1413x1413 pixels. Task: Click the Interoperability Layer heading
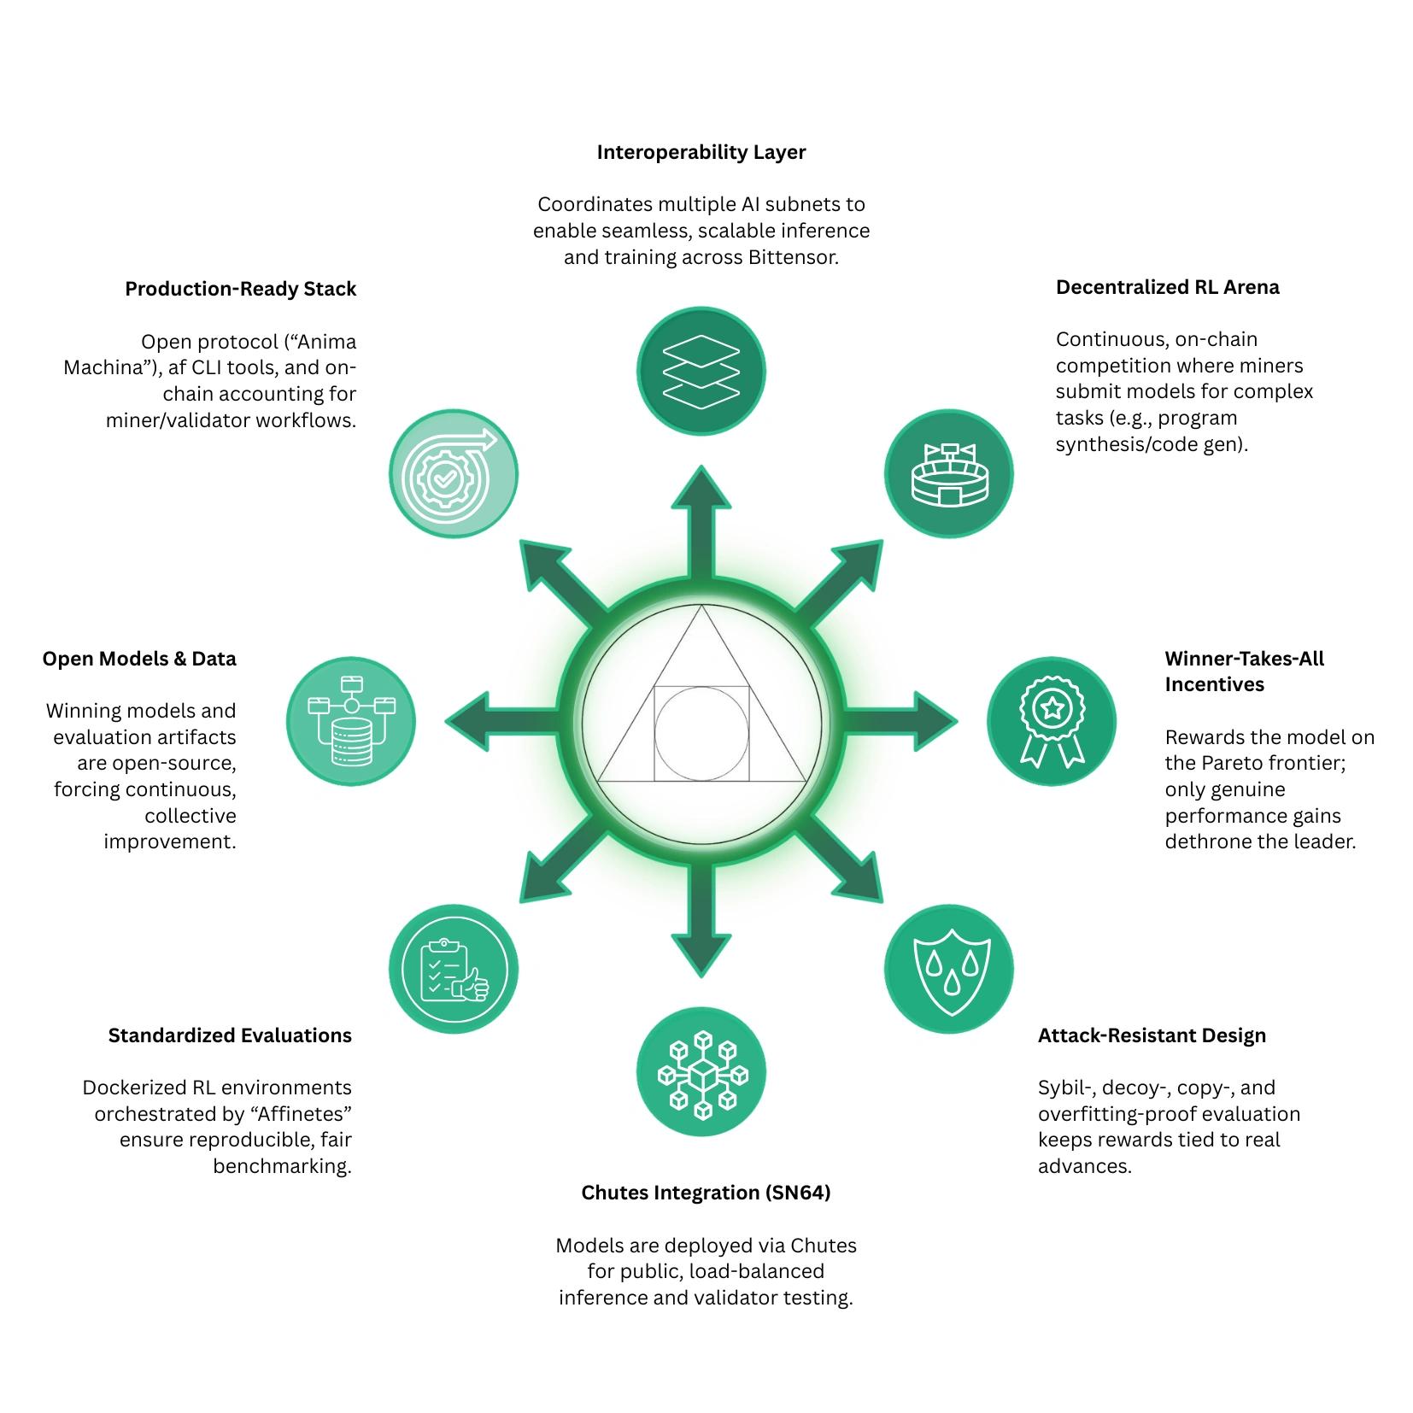pos(701,152)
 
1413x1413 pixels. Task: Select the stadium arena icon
pos(948,473)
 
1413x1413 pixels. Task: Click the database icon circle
pos(350,722)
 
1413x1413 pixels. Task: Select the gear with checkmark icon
pos(454,473)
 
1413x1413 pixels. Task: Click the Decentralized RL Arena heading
pos(1167,287)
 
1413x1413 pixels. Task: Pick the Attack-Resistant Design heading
pos(1152,1035)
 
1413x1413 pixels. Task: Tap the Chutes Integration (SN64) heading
pos(706,1193)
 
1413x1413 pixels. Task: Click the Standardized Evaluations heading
pos(230,1035)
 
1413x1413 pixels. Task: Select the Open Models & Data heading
pos(139,659)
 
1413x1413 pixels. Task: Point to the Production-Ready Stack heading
pos(241,289)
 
